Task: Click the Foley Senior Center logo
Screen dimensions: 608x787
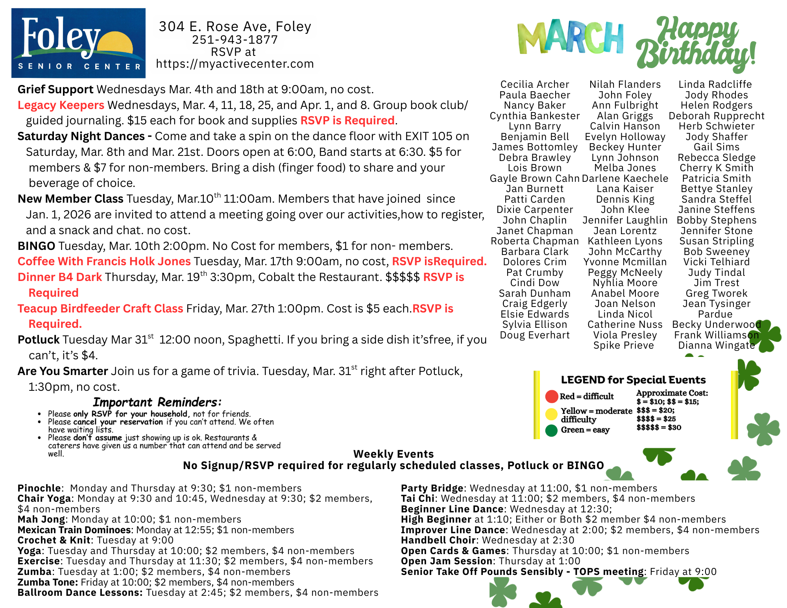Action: [78, 43]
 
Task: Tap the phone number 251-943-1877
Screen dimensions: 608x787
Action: [235, 40]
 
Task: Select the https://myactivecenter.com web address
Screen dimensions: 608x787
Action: [235, 64]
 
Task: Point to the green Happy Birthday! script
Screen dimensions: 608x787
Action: [696, 43]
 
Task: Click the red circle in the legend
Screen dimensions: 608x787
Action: [552, 396]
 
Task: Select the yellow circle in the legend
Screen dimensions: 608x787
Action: [552, 414]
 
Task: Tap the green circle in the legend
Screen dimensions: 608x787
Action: [552, 431]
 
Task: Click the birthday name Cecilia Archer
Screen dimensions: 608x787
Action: [535, 85]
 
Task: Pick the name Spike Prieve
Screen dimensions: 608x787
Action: [624, 346]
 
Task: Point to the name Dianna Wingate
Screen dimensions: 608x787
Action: [716, 346]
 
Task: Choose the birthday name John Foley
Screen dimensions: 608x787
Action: [625, 95]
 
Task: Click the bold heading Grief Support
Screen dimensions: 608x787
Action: [55, 89]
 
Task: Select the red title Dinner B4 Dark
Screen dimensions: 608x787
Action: [60, 277]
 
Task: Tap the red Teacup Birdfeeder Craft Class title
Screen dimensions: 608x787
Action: [100, 309]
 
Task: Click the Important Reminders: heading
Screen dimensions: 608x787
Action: [157, 402]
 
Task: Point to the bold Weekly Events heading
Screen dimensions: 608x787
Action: [393, 454]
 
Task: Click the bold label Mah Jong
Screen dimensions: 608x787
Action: [41, 519]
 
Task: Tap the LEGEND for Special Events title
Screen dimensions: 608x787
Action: [633, 380]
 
